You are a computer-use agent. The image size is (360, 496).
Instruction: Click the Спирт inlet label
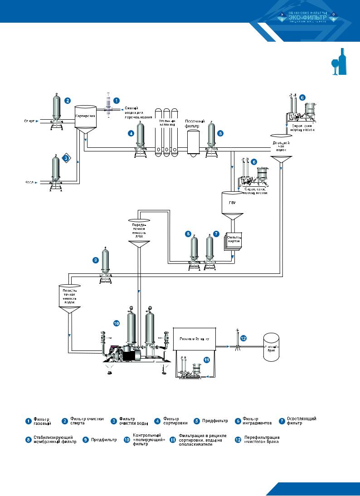coord(29,121)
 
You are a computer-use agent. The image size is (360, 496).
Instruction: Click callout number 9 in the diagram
coord(95,260)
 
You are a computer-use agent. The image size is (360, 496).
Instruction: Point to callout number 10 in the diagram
coord(116,323)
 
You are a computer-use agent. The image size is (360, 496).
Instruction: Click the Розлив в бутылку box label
coord(195,338)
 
